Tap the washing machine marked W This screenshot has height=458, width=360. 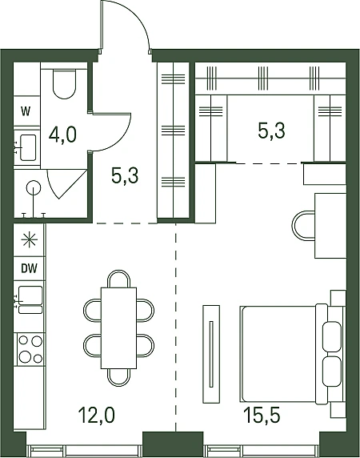(26, 111)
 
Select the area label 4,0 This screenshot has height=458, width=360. (62, 135)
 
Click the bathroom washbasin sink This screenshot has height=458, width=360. (28, 147)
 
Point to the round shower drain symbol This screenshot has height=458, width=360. (34, 188)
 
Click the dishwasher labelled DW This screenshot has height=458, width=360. (29, 268)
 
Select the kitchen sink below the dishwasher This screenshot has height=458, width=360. (30, 299)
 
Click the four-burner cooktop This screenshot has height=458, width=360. (30, 349)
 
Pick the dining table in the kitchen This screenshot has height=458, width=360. (118, 328)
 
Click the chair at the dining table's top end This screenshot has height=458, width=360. (118, 279)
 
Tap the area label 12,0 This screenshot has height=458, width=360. (97, 415)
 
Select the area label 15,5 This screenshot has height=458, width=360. (263, 415)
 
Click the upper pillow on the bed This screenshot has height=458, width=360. (332, 336)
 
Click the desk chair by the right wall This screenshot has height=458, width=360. (303, 226)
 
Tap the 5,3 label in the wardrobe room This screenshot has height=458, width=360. (271, 131)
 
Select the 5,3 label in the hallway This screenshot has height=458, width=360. (125, 176)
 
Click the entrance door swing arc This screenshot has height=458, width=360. (138, 17)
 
